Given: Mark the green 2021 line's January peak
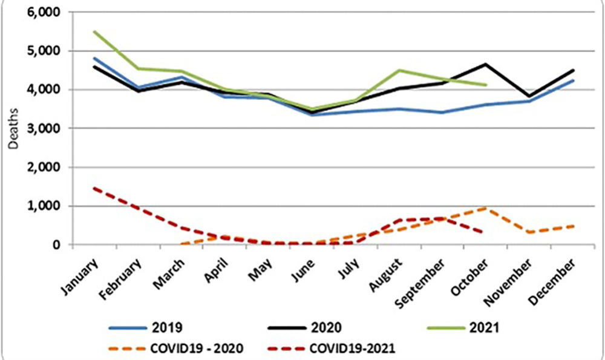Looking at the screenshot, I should [x=94, y=31].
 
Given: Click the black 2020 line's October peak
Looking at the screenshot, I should [x=485, y=64].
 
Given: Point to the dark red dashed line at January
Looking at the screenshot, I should [x=94, y=188].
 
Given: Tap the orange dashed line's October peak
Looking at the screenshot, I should [x=485, y=208].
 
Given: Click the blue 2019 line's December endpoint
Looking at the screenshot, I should [x=573, y=80].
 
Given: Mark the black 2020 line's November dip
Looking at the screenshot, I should [x=529, y=96].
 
